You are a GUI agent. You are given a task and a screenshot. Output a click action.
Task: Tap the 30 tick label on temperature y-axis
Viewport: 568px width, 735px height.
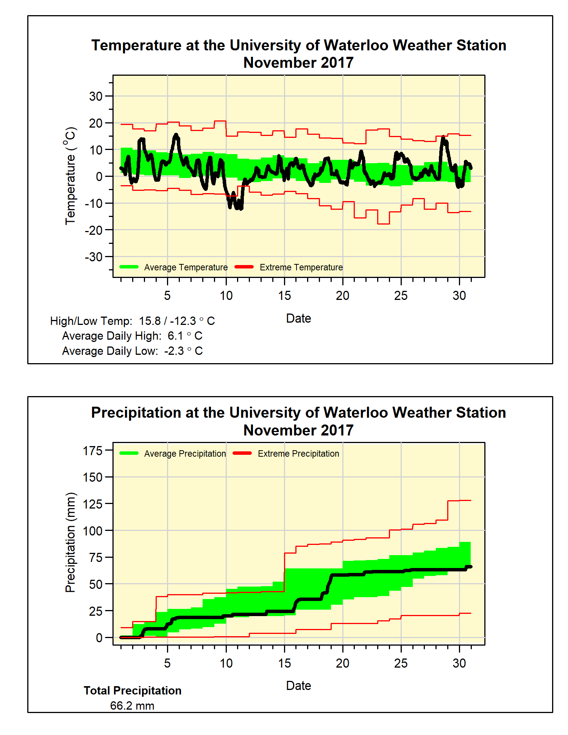tap(96, 96)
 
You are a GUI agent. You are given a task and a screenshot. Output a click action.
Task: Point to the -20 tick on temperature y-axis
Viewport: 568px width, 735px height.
tap(94, 230)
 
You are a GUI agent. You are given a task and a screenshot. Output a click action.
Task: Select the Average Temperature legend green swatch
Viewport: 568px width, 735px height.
tap(129, 267)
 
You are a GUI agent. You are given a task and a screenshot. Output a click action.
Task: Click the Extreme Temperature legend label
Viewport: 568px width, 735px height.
tap(301, 267)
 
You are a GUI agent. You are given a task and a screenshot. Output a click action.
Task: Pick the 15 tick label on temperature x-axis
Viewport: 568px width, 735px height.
tap(284, 295)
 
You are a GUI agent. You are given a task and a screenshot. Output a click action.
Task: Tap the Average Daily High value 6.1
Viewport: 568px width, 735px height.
tap(175, 336)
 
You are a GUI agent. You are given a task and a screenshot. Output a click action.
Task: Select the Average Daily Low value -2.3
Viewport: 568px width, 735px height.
tap(174, 351)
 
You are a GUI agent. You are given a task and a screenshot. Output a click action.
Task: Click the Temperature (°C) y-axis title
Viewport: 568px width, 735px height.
tap(70, 176)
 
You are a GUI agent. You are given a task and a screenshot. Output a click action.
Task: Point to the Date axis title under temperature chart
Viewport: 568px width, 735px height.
tap(298, 318)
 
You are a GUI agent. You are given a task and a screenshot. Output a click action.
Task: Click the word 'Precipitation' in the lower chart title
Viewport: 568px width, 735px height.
tap(136, 413)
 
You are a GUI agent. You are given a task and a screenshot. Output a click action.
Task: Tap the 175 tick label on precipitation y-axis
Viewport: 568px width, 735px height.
tap(93, 451)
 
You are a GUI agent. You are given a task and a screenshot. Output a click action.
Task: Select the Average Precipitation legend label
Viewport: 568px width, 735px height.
tap(185, 454)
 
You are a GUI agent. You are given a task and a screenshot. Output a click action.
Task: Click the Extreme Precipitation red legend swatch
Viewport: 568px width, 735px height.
tap(242, 453)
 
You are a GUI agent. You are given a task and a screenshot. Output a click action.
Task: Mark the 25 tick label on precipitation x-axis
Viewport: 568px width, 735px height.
tap(401, 663)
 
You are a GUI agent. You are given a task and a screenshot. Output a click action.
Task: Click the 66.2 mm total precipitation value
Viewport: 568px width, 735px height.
tap(132, 706)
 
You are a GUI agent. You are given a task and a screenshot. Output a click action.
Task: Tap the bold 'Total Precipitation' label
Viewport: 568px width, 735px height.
tap(133, 691)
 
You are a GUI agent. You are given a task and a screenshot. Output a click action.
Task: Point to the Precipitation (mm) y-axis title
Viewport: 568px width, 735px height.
tap(70, 542)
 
